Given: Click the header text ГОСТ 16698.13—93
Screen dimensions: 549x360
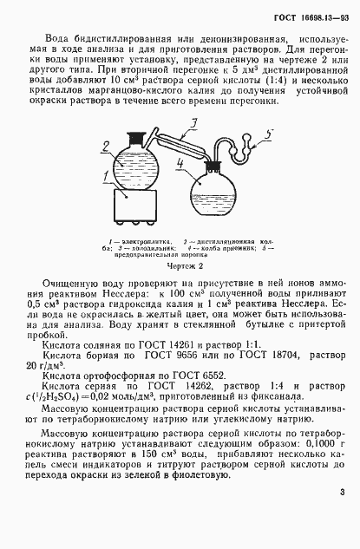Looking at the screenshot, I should point(311,16).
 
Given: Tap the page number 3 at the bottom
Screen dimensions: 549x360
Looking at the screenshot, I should point(343,518).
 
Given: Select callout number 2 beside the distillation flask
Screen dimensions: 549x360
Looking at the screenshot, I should point(107,146).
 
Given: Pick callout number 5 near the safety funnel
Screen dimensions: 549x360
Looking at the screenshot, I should point(270,135).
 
